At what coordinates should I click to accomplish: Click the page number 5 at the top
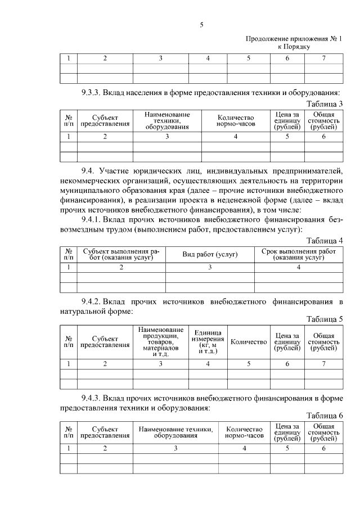[201, 24]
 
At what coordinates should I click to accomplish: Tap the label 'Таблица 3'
[324, 103]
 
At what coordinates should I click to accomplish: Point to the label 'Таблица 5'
[324, 319]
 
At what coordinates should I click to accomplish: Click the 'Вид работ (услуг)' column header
[210, 255]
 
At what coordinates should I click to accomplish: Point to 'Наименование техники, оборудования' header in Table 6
[175, 432]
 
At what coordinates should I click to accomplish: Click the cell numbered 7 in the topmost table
[323, 58]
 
